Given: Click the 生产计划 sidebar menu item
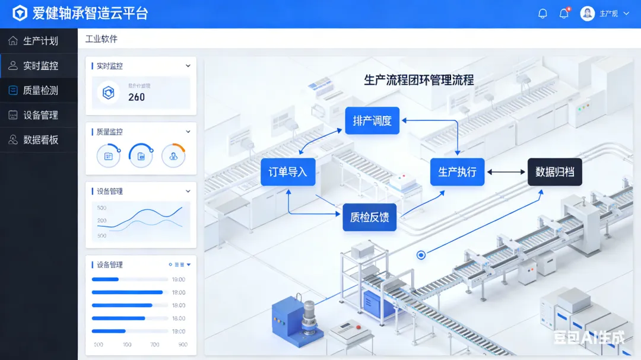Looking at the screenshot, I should [40, 41].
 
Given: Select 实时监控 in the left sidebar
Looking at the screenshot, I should [40, 66].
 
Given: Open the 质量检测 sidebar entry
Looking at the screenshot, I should [40, 91].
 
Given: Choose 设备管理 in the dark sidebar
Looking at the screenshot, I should [40, 115].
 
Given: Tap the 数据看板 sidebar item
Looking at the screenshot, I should [40, 140].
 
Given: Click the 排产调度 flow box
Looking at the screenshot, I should [372, 121].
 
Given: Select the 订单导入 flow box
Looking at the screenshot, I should [288, 172].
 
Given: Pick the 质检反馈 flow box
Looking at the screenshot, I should [369, 217].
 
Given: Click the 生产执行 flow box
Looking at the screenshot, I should [457, 172].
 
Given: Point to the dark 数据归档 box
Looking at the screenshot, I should [555, 172].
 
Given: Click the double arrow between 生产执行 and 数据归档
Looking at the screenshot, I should [506, 172].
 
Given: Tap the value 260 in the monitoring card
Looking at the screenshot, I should [137, 97].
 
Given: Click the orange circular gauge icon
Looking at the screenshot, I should [173, 156].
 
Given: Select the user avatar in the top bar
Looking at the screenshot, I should [588, 14].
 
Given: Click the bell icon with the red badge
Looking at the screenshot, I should [564, 14].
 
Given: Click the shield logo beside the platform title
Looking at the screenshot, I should [20, 14].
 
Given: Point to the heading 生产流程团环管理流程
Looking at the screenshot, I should [419, 79].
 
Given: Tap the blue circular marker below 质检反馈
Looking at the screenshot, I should [421, 255].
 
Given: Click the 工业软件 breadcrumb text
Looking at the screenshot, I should [101, 39].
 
